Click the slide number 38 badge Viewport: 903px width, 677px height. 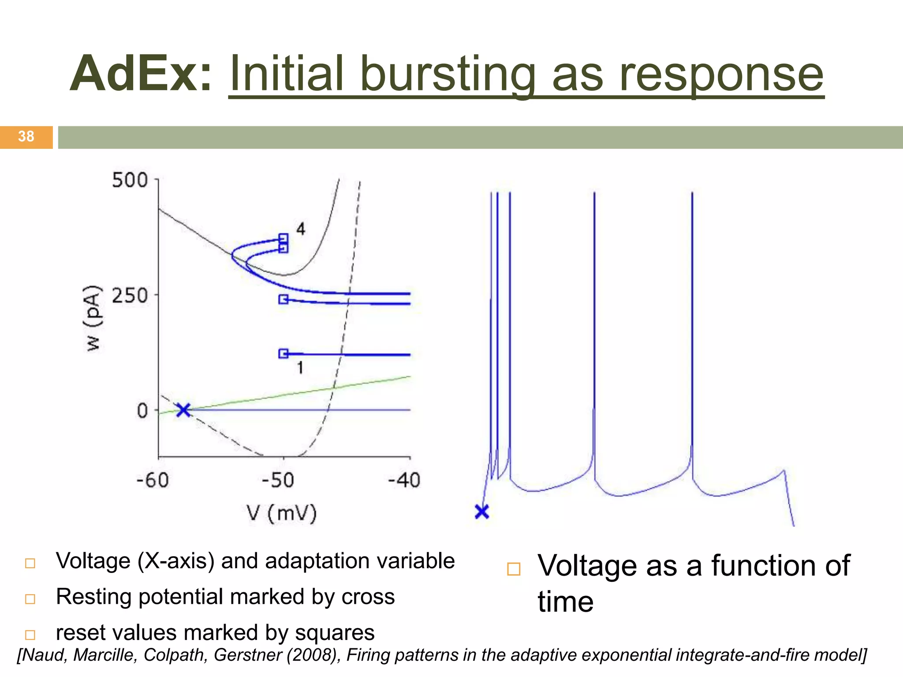(26, 137)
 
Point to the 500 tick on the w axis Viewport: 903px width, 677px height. (130, 180)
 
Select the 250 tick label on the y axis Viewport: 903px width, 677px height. (130, 295)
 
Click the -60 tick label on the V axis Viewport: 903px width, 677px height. (153, 480)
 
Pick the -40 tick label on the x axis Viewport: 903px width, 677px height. (404, 480)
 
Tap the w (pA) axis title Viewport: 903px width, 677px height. (93, 318)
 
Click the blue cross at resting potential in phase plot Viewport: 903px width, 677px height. (183, 410)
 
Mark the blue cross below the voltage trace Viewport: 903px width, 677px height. (482, 512)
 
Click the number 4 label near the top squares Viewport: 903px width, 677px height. (301, 229)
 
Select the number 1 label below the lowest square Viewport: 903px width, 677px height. (300, 368)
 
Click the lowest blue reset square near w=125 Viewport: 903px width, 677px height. (284, 353)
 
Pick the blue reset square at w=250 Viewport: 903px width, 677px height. (284, 299)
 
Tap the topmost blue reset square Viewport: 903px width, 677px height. (284, 238)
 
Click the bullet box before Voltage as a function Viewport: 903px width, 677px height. (514, 569)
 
